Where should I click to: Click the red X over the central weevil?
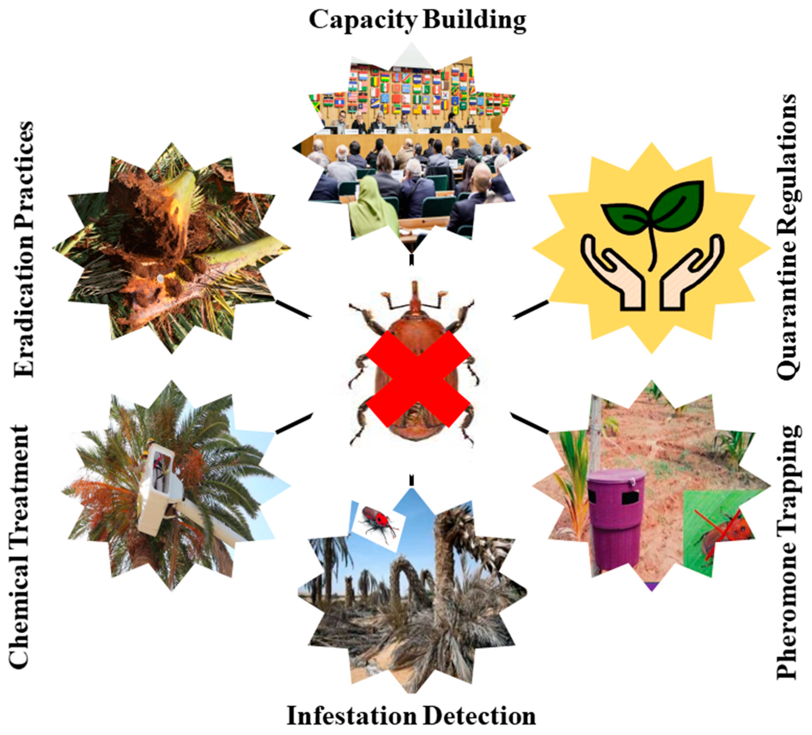point(418,379)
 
